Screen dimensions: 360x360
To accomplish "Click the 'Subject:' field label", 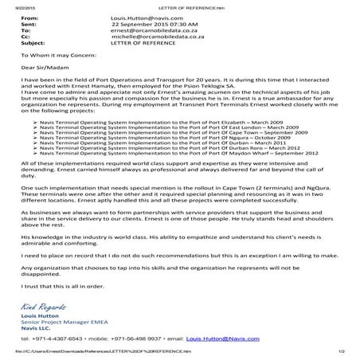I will pos(26,43).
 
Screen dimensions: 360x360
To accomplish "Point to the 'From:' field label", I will pos(23,17).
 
